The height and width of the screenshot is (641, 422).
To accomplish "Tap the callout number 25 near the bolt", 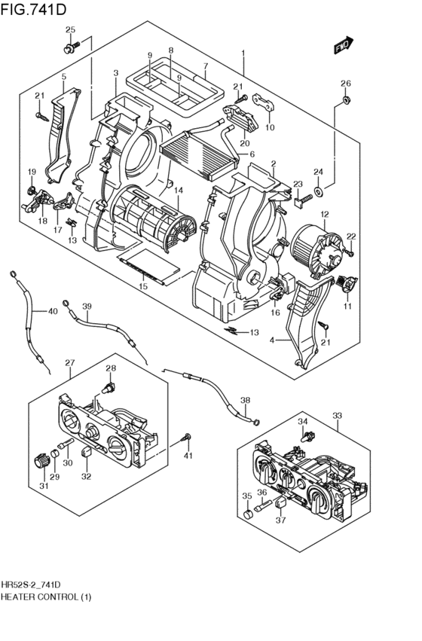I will pos(70,30).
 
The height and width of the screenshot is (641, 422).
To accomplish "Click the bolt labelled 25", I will pos(69,48).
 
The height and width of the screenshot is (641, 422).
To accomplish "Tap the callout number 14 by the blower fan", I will pos(179,192).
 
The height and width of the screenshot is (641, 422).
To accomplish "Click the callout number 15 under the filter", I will pos(142,286).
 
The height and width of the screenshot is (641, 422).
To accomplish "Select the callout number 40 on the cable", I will pos(52,311).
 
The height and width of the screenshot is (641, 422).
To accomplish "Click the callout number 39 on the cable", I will pos(87,306).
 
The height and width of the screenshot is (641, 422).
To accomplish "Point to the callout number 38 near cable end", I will pos(245,401).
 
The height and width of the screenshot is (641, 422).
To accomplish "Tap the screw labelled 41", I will pos(186,438).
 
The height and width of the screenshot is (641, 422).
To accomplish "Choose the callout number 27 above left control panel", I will pos(69,363).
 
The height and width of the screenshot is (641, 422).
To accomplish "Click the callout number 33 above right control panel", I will pos(336,414).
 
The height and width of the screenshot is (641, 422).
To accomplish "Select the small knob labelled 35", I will pos(249,514).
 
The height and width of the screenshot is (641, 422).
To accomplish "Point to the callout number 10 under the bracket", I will pos(270,127).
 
